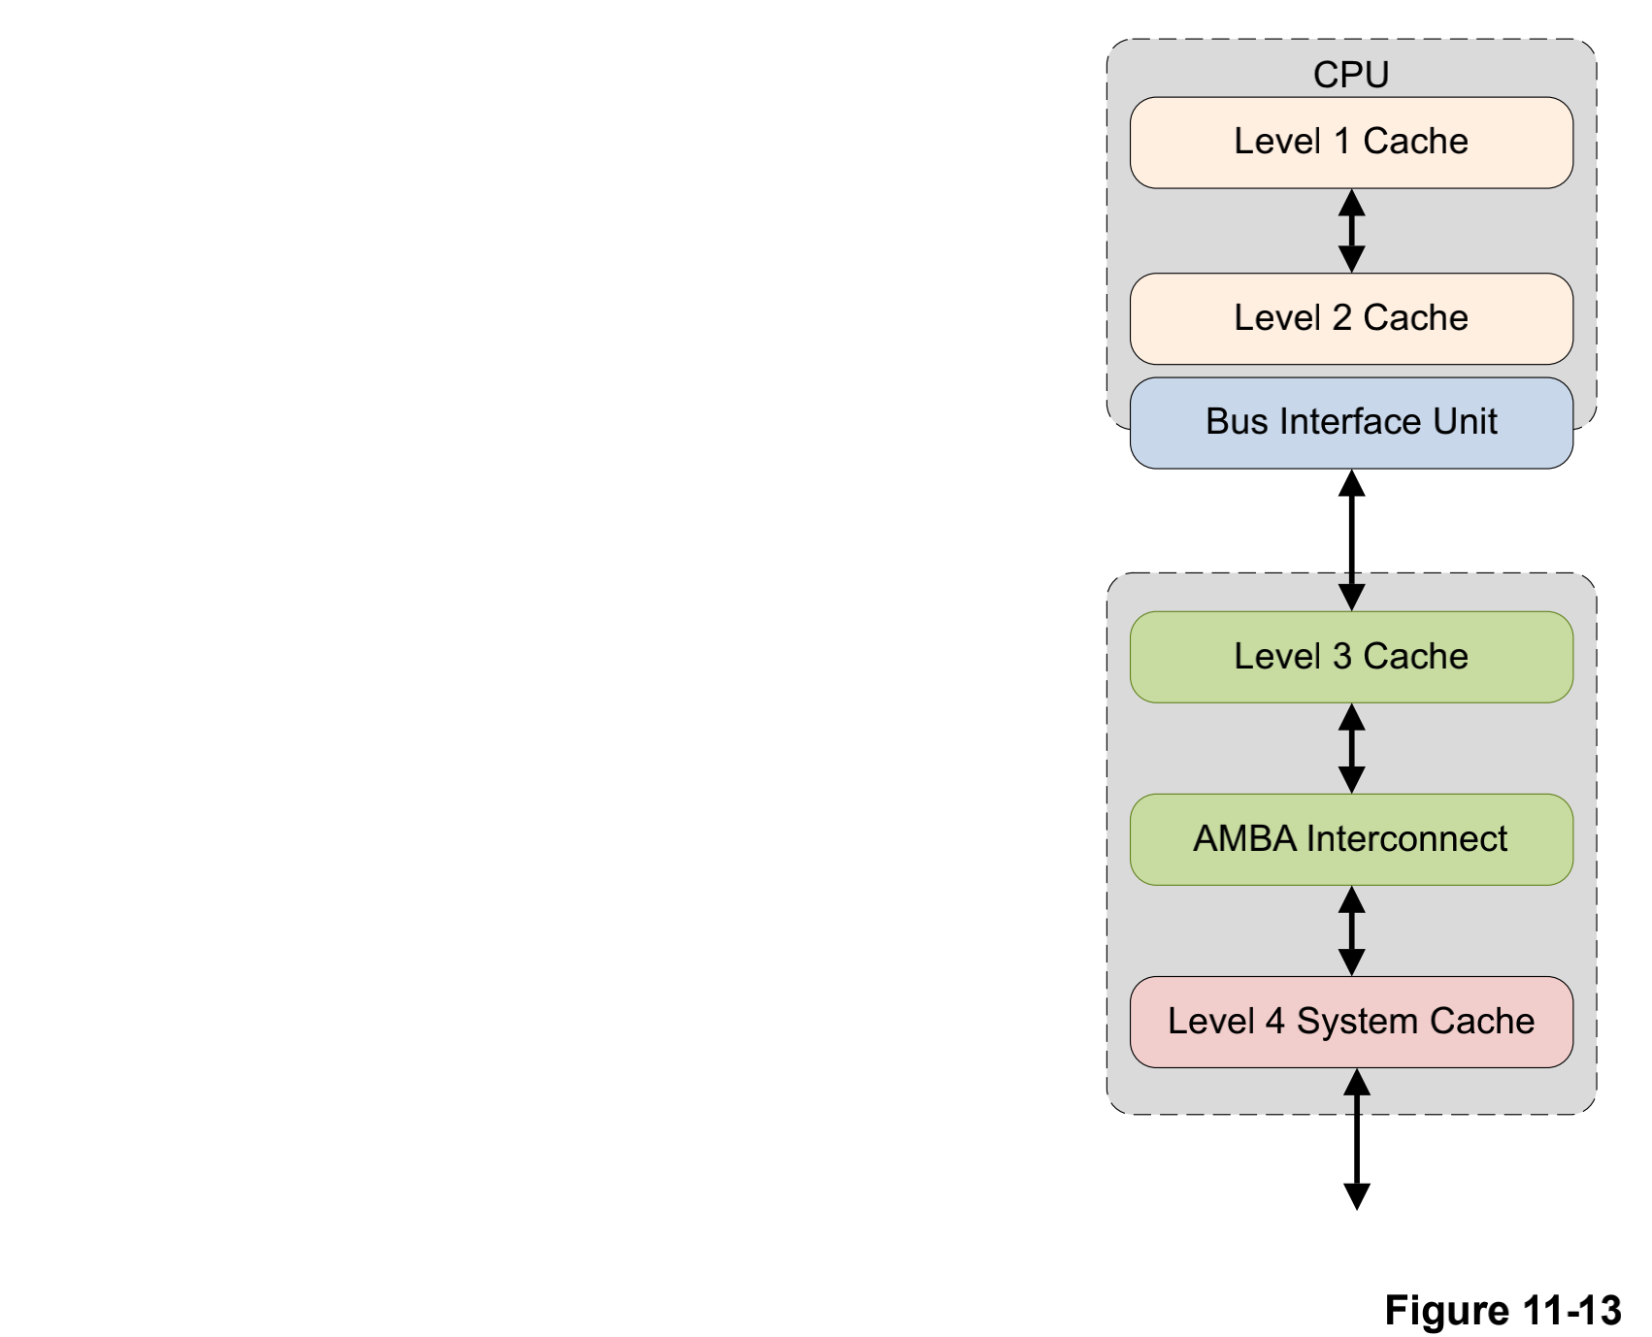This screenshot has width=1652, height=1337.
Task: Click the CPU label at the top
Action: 1351,75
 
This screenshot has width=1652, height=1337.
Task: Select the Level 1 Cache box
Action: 1351,143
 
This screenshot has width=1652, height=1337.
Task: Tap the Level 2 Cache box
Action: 1351,319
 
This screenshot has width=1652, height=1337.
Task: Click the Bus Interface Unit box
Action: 1351,423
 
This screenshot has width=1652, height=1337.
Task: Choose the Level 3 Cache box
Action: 1351,657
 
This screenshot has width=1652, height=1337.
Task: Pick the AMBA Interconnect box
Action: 1351,839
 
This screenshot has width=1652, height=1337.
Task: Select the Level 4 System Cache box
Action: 1351,1022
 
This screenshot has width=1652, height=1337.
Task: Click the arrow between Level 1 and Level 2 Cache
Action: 1352,231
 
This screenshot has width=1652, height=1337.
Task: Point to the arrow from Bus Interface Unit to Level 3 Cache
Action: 1352,539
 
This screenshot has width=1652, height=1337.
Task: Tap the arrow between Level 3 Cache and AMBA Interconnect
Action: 1352,748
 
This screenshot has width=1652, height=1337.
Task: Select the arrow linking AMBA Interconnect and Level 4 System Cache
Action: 1352,930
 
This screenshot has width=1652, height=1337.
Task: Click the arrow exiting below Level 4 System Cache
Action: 1357,1140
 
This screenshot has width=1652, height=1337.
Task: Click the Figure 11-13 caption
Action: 1503,1311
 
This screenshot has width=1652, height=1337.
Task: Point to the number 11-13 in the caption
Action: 1572,1311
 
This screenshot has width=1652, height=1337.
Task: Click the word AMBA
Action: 1245,839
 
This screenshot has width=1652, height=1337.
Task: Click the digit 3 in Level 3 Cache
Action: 1342,657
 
